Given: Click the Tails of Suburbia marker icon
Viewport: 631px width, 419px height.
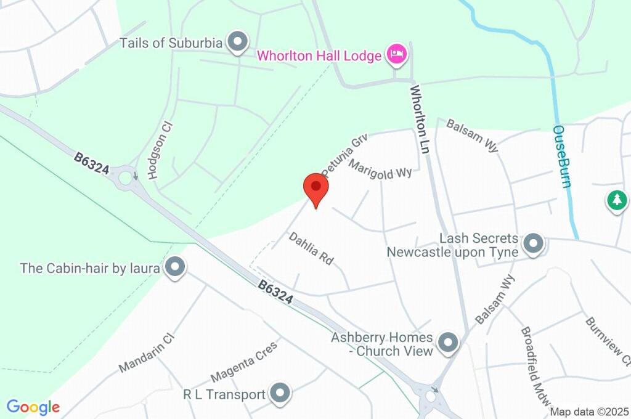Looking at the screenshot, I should [237, 43].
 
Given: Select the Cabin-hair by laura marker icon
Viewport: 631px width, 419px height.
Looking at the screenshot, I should [176, 267].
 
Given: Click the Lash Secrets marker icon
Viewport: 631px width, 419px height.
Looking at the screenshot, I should [532, 245].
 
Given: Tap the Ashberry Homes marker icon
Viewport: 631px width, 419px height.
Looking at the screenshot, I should [448, 343].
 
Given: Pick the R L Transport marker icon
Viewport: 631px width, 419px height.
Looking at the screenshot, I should [280, 393].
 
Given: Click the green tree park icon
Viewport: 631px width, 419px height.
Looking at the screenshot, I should [616, 200].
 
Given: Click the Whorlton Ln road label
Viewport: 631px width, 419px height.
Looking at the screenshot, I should [420, 119].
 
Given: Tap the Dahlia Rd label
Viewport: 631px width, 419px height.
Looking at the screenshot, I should [311, 248].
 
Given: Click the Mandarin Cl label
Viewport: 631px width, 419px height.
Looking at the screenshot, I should [147, 353].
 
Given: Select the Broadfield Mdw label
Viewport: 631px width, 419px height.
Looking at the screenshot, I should [534, 366].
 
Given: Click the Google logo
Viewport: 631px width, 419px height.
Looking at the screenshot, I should [33, 407].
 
